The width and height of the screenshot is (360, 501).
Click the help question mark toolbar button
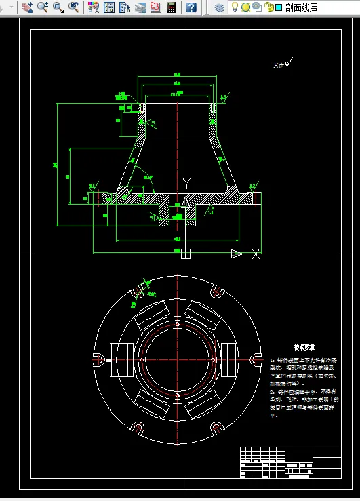[192, 7]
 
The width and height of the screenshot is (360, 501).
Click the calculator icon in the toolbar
[172, 7]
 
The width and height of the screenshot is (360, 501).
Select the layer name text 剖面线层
[302, 7]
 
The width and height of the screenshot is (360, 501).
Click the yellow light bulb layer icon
[235, 7]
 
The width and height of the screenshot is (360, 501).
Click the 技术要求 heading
[305, 346]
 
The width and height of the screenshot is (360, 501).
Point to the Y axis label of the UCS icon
[187, 181]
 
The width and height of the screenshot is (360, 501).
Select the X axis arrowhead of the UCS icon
[236, 254]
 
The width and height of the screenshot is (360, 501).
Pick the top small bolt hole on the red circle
[177, 324]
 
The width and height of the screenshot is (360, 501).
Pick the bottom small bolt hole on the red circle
[177, 395]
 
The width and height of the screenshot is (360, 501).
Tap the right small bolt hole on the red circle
[212, 359]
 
